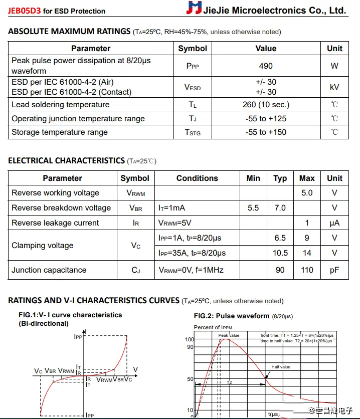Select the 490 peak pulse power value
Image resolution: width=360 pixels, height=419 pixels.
(x=266, y=66)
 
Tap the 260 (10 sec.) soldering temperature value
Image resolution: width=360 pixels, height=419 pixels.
(x=266, y=105)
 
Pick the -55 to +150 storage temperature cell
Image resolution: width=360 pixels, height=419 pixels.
(x=266, y=132)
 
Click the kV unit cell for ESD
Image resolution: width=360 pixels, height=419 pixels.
(x=334, y=87)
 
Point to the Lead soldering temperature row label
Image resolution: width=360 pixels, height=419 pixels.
(x=60, y=105)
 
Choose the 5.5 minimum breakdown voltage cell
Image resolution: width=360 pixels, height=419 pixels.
(x=253, y=208)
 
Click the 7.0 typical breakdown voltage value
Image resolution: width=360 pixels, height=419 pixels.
(x=280, y=208)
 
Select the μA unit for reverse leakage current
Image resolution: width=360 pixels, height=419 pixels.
(x=334, y=223)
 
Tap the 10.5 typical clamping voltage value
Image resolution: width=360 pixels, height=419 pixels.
(x=280, y=253)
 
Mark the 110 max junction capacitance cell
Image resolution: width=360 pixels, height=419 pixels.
(x=307, y=270)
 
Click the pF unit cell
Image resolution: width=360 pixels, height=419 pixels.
(x=334, y=270)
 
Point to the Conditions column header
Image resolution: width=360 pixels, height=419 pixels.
(x=197, y=178)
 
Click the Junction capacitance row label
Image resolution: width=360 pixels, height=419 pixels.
(x=49, y=270)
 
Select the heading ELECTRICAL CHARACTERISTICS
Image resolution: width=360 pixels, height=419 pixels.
(x=66, y=161)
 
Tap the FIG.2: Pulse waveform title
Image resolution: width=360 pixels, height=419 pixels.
(x=232, y=316)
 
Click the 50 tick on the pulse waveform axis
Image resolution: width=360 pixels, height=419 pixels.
(x=190, y=379)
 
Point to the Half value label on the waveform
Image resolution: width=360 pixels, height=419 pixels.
(x=281, y=367)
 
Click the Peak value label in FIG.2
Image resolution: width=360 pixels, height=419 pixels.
(x=229, y=335)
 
